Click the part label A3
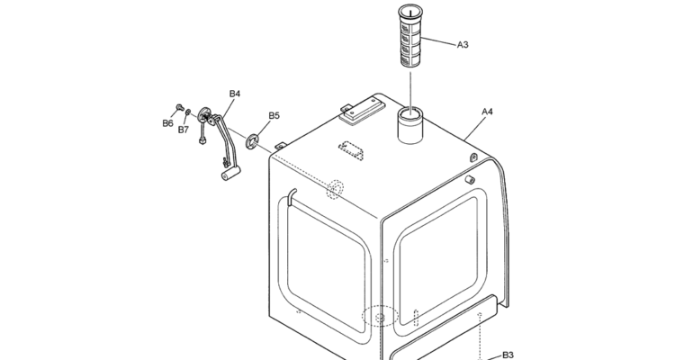pyautogui.click(x=463, y=45)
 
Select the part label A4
pyautogui.click(x=487, y=112)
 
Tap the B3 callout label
pyautogui.click(x=508, y=355)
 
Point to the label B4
pyautogui.click(x=235, y=94)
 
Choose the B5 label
pyautogui.click(x=274, y=115)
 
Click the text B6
pyautogui.click(x=167, y=123)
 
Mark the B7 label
pyautogui.click(x=184, y=130)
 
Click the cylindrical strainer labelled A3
pyautogui.click(x=409, y=36)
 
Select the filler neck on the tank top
pyautogui.click(x=409, y=125)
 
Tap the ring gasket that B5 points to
pyautogui.click(x=253, y=141)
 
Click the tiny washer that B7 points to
pyautogui.click(x=188, y=112)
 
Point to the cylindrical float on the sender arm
pyautogui.click(x=230, y=174)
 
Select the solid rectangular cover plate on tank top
pyautogui.click(x=361, y=110)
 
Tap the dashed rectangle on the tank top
pyautogui.click(x=350, y=150)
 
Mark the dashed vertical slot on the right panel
pyautogui.click(x=416, y=319)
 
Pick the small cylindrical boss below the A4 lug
pyautogui.click(x=470, y=179)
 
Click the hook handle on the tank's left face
pyautogui.click(x=292, y=195)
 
